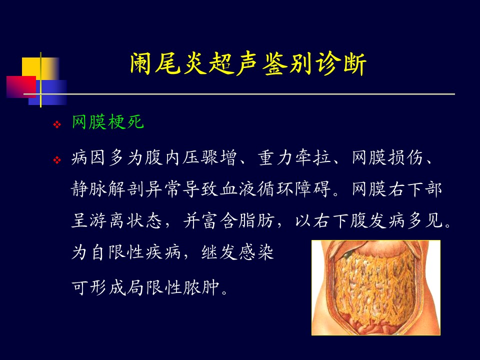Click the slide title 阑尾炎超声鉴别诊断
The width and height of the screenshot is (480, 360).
point(248,64)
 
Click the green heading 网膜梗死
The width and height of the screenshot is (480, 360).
point(108,122)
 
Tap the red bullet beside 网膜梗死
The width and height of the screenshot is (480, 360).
point(57,124)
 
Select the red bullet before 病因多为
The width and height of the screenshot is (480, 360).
point(57,160)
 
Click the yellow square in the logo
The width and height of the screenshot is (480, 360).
point(40,68)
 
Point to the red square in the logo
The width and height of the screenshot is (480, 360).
point(21,87)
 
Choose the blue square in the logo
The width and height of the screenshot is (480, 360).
point(48,92)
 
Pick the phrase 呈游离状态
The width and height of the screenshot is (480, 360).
point(116,220)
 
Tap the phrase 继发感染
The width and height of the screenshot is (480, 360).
point(237,252)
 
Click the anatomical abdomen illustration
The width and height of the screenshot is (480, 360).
point(376,287)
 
